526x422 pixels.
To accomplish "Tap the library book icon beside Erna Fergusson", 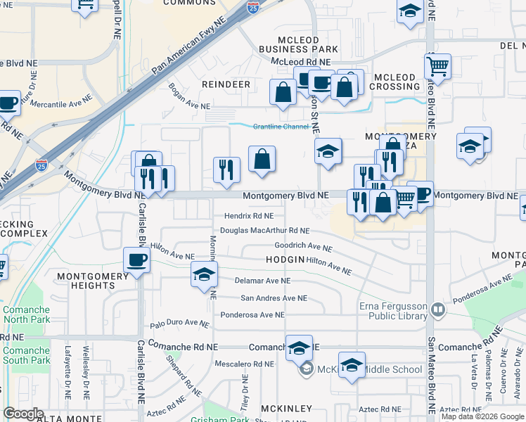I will [x=437, y=309].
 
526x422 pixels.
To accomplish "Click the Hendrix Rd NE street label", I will [x=248, y=216].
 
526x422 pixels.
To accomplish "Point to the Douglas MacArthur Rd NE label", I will [x=264, y=230].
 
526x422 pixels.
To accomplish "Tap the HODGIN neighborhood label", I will [x=285, y=260].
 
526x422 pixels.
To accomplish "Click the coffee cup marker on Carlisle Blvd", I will [x=136, y=260].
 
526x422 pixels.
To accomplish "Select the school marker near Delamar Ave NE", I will [x=204, y=274].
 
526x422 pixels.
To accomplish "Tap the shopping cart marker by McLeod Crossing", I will [x=437, y=67].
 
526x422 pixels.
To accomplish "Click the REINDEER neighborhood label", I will [x=226, y=84].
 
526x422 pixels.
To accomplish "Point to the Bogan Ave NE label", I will [x=189, y=97].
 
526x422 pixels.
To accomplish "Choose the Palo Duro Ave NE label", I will [x=179, y=323].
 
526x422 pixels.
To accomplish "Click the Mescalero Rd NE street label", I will [x=244, y=364].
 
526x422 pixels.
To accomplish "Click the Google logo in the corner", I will [x=23, y=414].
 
